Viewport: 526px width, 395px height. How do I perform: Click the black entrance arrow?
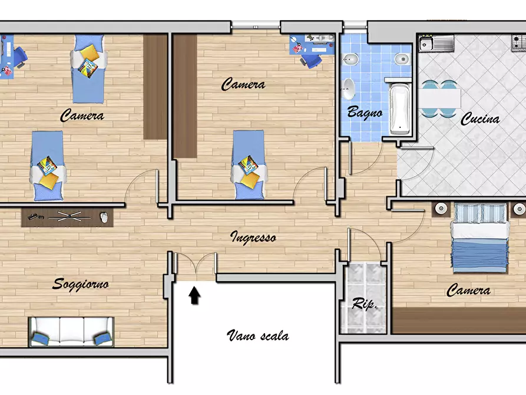click(x=194, y=295)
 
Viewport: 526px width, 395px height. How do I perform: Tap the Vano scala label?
click(x=257, y=335)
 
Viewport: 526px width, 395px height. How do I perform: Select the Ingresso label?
click(x=253, y=238)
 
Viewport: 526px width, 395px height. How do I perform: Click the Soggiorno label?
click(x=81, y=285)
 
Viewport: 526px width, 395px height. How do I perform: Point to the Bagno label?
click(x=365, y=112)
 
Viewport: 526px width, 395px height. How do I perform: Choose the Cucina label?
click(x=480, y=119)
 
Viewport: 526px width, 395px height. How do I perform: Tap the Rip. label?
click(x=365, y=304)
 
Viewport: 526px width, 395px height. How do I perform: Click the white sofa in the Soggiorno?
click(x=71, y=332)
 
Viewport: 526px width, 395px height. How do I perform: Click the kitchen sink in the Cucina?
click(x=436, y=43)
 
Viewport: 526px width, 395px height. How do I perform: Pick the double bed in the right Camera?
click(x=479, y=238)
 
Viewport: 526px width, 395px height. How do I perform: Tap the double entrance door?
click(x=196, y=263)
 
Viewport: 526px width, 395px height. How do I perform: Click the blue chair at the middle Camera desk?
click(x=312, y=61)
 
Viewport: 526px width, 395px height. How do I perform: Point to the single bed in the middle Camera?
click(x=248, y=165)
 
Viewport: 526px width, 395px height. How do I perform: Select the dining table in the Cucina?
click(x=439, y=99)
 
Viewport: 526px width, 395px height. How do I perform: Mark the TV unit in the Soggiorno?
click(x=67, y=217)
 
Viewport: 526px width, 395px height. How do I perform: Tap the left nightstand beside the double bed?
click(x=441, y=209)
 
